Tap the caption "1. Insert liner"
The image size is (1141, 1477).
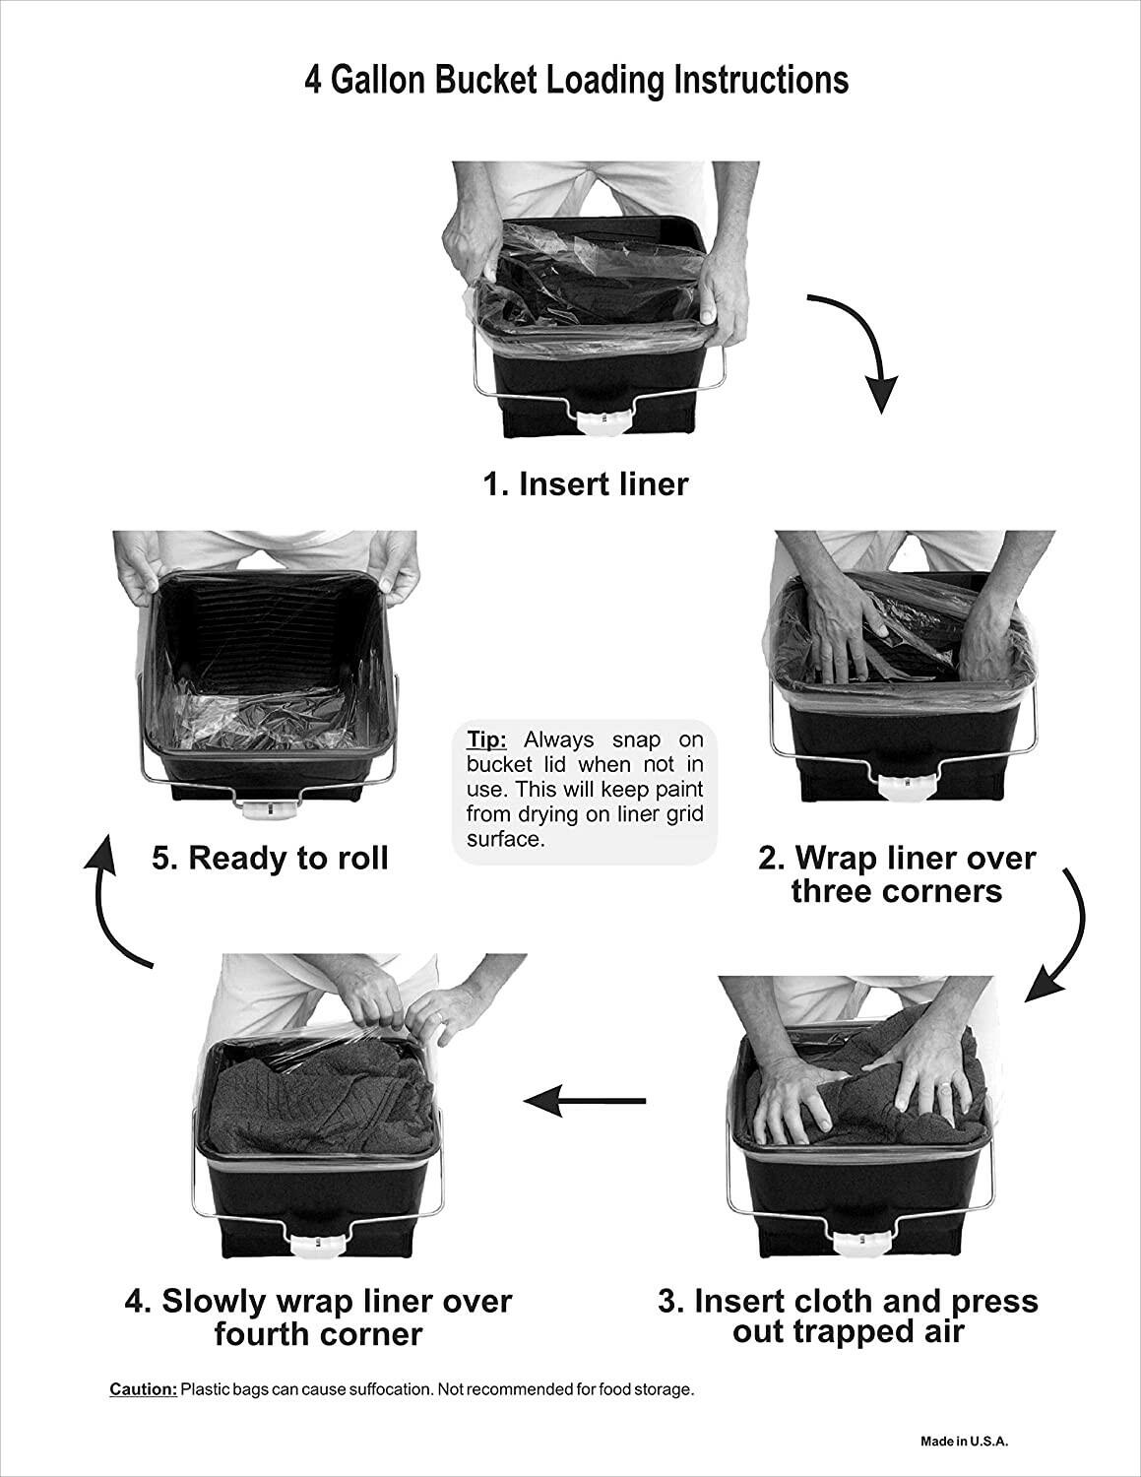click(585, 484)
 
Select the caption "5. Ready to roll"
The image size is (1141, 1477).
click(270, 858)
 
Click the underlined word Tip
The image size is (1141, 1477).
click(486, 739)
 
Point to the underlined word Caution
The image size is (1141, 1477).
click(144, 1389)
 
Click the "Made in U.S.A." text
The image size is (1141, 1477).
click(965, 1442)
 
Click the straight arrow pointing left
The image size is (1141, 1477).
click(585, 1101)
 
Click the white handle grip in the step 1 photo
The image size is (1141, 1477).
click(602, 418)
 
